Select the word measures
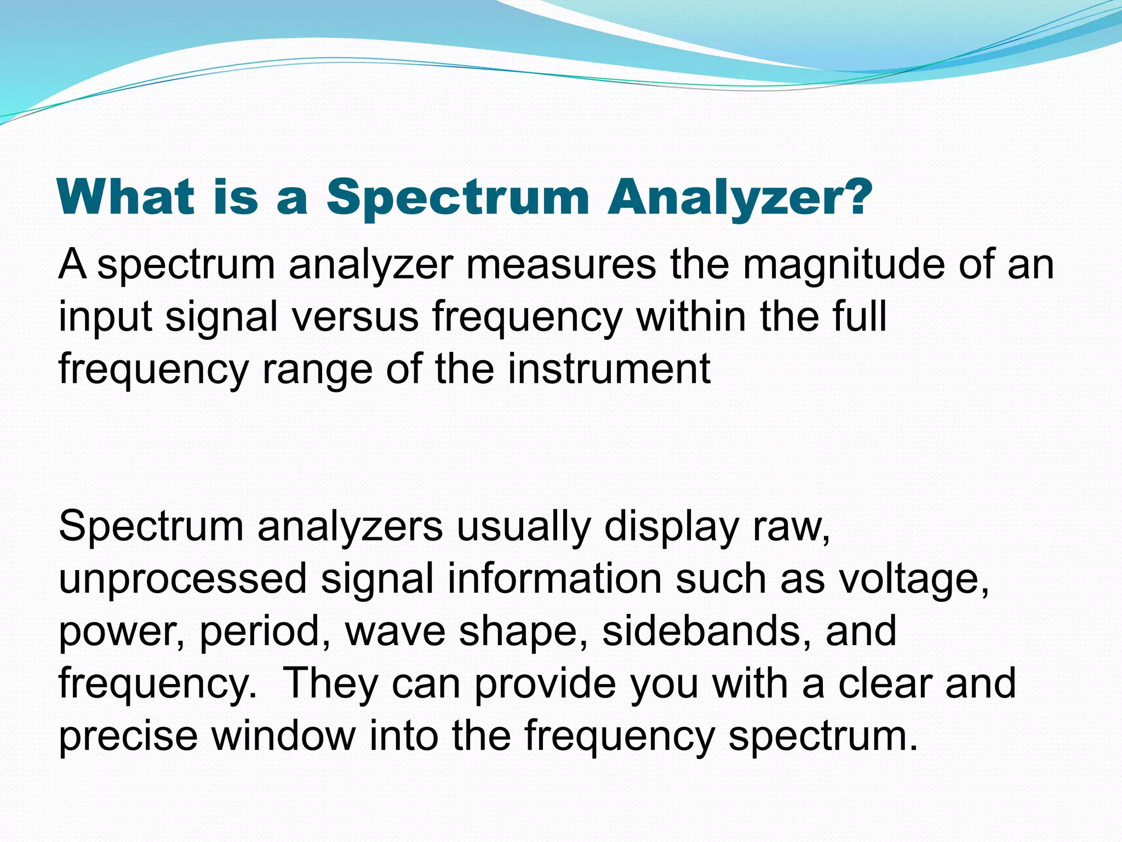[x=561, y=264]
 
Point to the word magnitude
[x=844, y=264]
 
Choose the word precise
[x=128, y=736]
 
